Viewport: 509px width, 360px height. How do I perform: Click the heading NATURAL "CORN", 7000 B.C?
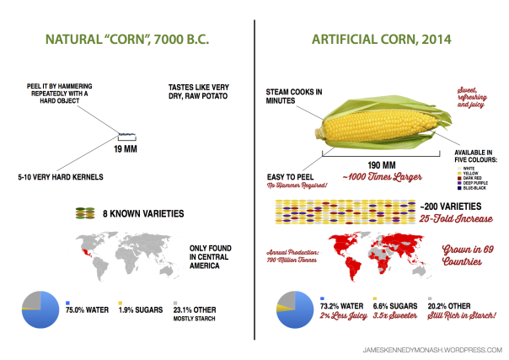pyautogui.click(x=126, y=40)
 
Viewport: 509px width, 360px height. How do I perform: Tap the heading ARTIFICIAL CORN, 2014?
pyautogui.click(x=382, y=40)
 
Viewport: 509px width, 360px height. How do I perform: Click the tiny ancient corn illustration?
pyautogui.click(x=126, y=135)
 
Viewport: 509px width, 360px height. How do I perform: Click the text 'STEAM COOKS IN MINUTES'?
pyautogui.click(x=293, y=95)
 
